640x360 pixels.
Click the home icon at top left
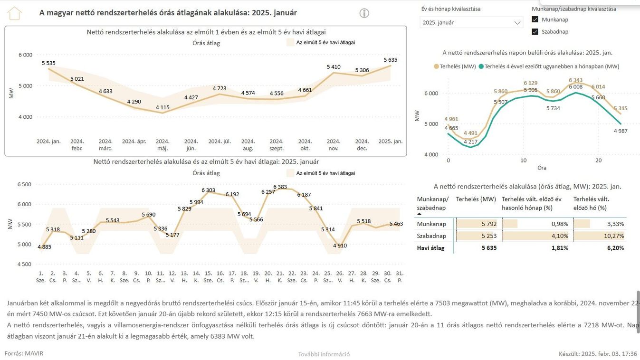14,13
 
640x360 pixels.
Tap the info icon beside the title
364,13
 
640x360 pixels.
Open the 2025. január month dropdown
471,22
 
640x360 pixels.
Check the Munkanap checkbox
535,19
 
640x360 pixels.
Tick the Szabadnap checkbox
535,31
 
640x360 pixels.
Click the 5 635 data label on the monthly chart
390,60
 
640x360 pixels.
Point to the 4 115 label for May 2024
162,107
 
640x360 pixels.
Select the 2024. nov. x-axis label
334,145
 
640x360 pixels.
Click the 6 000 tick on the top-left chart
26,55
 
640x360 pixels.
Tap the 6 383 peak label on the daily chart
280,187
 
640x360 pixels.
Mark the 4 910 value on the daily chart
340,246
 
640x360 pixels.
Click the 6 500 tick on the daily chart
24,184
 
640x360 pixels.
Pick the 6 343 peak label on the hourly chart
575,80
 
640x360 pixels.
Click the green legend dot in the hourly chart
481,66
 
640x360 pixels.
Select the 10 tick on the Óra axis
524,161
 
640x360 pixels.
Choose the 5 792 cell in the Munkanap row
489,224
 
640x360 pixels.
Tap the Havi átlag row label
430,248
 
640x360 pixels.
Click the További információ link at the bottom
324,354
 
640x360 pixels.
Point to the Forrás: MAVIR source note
24,353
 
